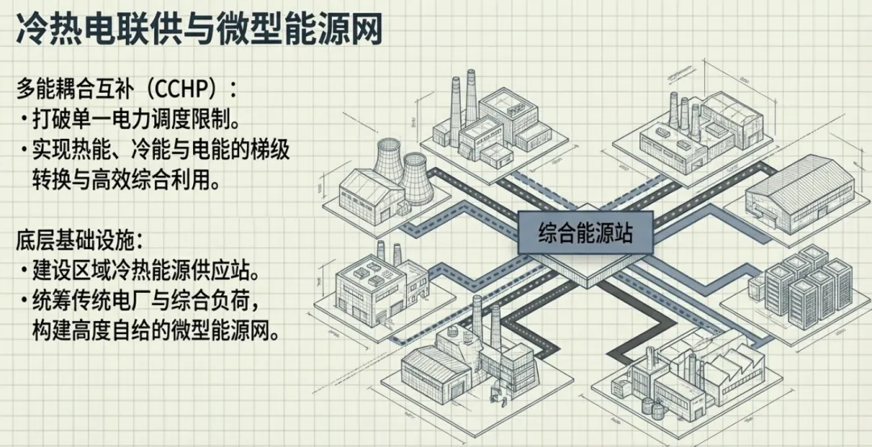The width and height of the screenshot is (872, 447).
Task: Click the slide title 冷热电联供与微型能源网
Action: [x=198, y=30]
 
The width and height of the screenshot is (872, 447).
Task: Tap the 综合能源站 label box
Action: [x=585, y=233]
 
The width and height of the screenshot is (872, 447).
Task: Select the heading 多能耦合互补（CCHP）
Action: [x=129, y=87]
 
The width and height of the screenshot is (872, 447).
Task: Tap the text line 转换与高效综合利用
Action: [x=125, y=179]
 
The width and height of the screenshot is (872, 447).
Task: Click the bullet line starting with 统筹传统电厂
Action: [x=144, y=300]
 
